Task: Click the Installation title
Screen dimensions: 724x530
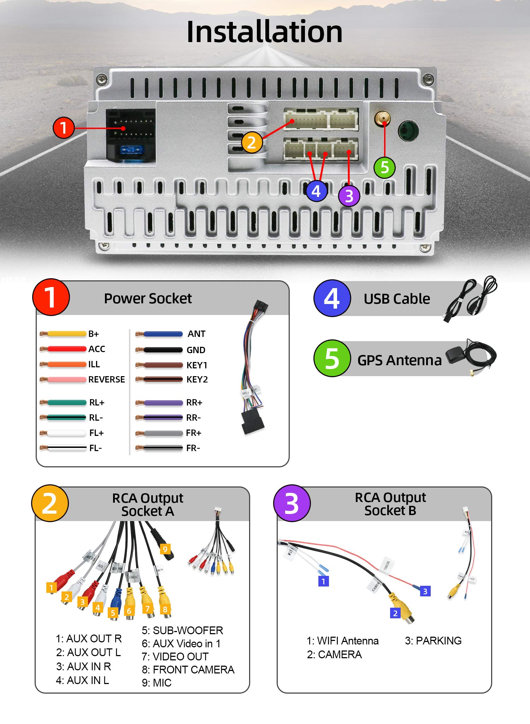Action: [264, 32]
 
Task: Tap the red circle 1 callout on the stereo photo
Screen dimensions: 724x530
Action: [63, 128]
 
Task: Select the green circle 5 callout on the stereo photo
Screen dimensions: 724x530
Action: [384, 168]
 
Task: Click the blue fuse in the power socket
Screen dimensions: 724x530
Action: [131, 150]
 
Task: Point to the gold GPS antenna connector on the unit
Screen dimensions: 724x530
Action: [382, 118]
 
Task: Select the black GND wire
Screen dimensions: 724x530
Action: [163, 350]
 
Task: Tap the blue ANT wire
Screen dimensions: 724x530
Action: [163, 334]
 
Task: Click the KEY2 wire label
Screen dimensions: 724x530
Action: [197, 380]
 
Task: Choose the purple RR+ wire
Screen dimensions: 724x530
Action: [163, 403]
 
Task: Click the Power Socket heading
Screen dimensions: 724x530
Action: [148, 299]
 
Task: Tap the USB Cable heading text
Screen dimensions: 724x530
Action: [397, 299]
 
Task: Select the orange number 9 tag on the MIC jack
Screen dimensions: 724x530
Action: [165, 549]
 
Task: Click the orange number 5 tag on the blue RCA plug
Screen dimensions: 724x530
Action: [113, 613]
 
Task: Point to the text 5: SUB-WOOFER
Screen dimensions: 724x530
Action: [182, 630]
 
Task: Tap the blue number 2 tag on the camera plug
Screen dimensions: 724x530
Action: [395, 613]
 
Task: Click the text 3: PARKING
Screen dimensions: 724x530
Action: [433, 641]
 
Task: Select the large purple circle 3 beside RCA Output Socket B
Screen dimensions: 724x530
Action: [292, 503]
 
